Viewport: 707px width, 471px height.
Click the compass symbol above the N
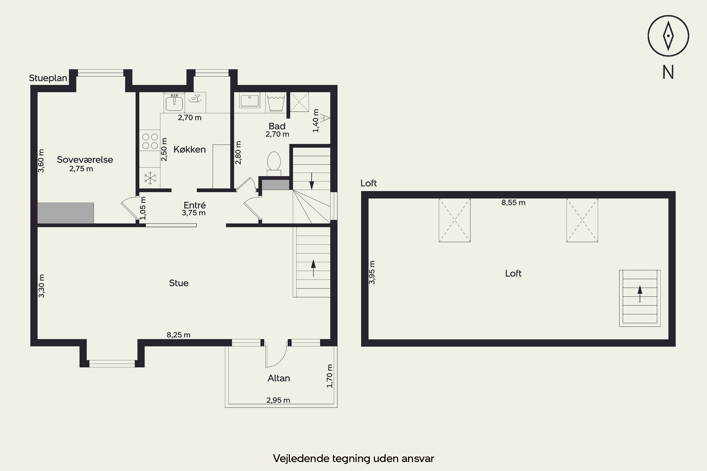[668, 36]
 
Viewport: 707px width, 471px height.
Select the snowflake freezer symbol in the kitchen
[150, 178]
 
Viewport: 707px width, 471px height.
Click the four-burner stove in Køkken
[150, 141]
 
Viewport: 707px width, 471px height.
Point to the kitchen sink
[174, 102]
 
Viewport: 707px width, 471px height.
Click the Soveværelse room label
[85, 159]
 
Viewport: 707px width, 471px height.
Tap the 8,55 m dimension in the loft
[514, 203]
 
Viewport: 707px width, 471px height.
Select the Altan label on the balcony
[279, 378]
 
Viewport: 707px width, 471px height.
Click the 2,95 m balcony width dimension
[278, 400]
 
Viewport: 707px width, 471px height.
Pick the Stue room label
[179, 283]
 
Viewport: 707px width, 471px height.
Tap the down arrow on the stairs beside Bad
[312, 181]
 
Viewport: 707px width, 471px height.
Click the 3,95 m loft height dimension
[372, 272]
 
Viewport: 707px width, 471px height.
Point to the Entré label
[195, 205]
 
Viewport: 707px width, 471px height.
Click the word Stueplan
[48, 78]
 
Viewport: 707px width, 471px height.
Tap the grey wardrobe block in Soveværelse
[66, 213]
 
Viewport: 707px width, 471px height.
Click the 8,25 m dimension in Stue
[179, 335]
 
